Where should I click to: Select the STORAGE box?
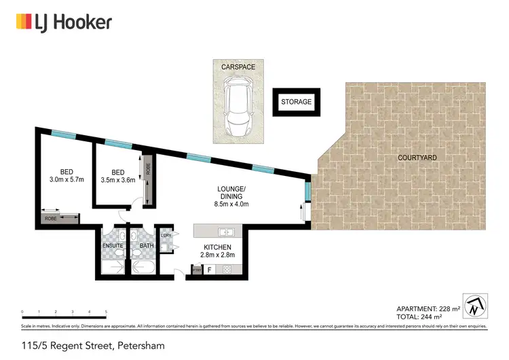(x=297, y=102)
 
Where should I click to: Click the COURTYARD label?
(x=417, y=158)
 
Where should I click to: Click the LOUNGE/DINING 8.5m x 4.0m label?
(x=231, y=196)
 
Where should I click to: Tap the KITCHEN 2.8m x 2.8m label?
(x=218, y=251)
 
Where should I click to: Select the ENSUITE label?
(x=113, y=246)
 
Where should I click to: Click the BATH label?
(x=147, y=246)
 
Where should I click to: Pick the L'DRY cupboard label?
(x=166, y=236)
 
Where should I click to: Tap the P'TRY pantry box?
(x=196, y=270)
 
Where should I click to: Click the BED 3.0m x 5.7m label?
(x=66, y=175)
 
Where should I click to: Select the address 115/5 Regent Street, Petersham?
(x=92, y=346)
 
